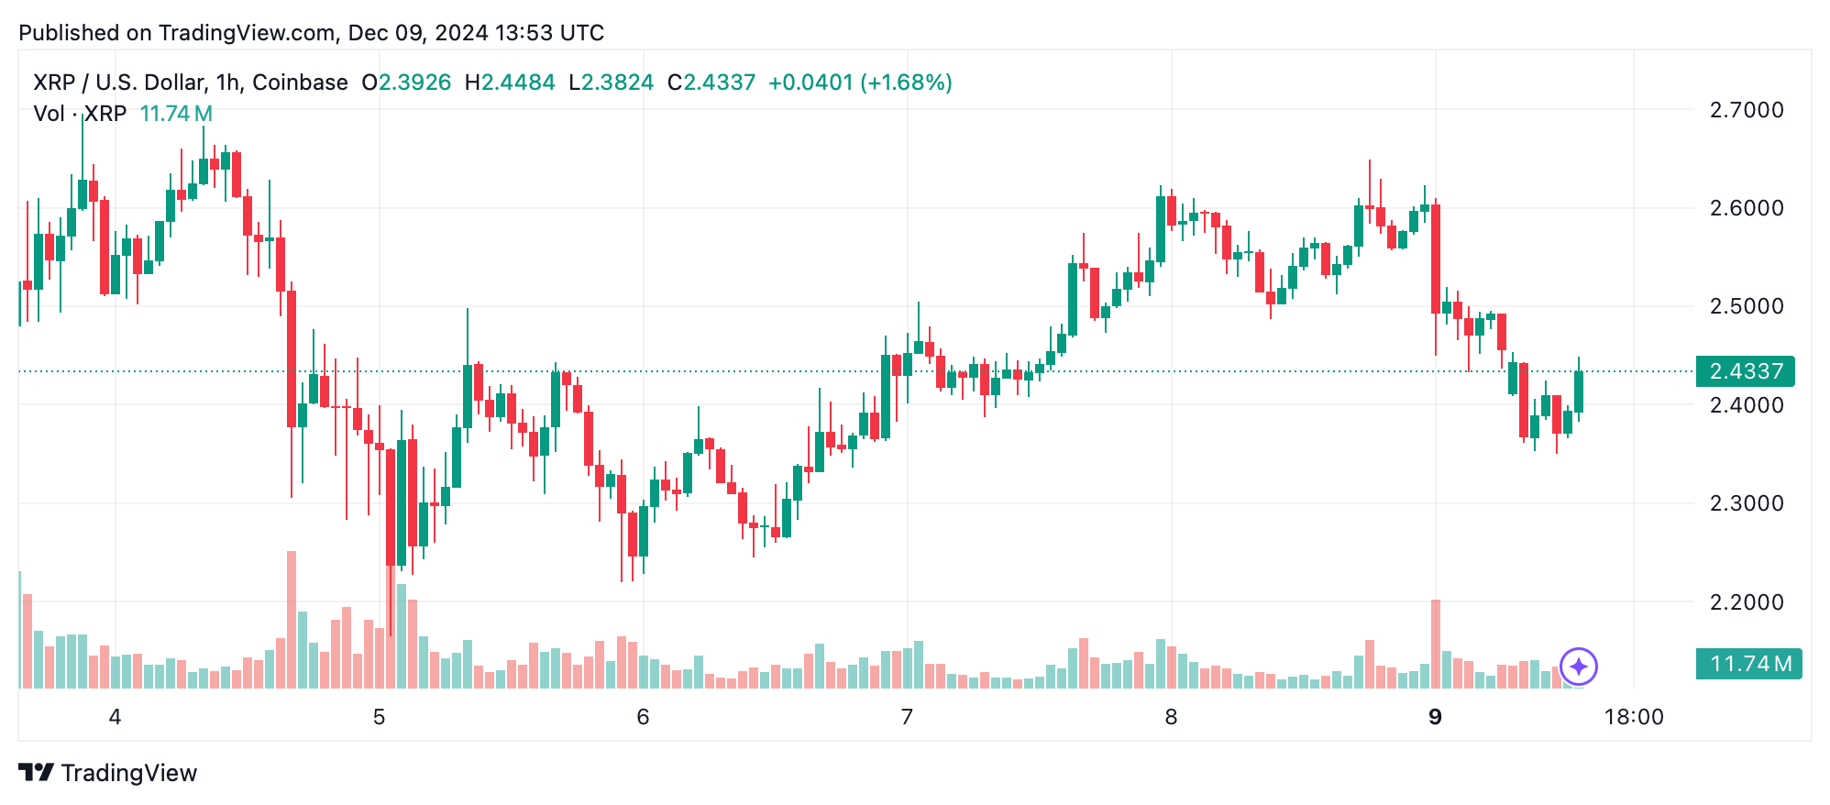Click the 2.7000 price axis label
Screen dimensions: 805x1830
tap(1746, 110)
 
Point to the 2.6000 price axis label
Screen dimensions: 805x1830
tap(1746, 208)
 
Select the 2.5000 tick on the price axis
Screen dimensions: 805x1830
tap(1746, 306)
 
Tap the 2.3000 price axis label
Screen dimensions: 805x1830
tap(1746, 503)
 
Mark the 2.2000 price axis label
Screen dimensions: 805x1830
tap(1746, 602)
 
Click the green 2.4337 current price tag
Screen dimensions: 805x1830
tap(1745, 371)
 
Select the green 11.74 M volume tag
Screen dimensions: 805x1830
tap(1748, 664)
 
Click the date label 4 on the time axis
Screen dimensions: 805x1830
tap(115, 717)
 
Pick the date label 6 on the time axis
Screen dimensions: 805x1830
tap(643, 717)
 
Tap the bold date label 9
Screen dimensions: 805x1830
tap(1435, 717)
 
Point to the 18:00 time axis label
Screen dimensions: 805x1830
tap(1633, 717)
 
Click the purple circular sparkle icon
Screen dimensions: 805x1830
tap(1578, 667)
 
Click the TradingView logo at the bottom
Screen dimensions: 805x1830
tap(108, 773)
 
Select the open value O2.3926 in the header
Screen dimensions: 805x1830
tap(406, 83)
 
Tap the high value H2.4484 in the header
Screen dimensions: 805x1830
tap(510, 83)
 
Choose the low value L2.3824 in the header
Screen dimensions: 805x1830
tap(611, 83)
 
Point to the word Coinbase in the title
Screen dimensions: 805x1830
tap(300, 83)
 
